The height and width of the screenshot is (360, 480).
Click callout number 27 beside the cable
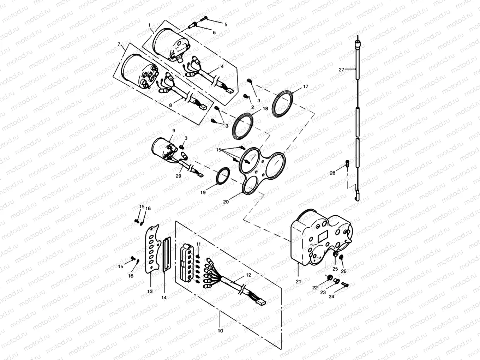pos(341,70)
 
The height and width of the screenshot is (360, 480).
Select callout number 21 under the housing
pos(298,281)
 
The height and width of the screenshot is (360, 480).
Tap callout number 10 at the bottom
pos(221,331)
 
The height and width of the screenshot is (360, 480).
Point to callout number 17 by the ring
pos(306,86)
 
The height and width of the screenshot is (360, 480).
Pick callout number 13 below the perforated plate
pos(150,291)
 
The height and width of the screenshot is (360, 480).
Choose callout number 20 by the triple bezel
pos(226,202)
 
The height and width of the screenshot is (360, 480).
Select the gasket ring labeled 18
pos(243,125)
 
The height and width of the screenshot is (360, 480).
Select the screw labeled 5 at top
pos(205,18)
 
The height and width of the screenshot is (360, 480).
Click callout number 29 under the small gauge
pos(179,175)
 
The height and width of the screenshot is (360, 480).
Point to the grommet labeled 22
pos(330,278)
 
